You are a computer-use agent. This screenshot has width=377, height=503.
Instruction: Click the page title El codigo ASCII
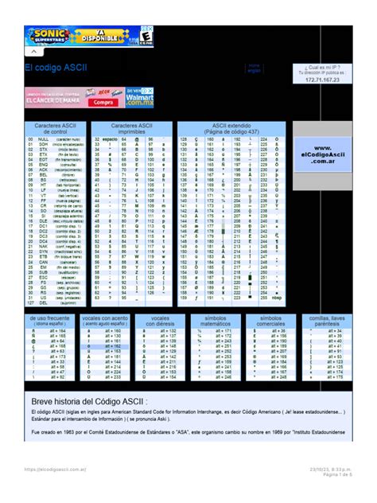pyautogui.click(x=56, y=69)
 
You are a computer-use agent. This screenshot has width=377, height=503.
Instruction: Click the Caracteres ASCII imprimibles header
pyautogui.click(x=132, y=128)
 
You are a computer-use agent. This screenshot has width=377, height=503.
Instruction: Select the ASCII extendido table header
pyautogui.click(x=230, y=128)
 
